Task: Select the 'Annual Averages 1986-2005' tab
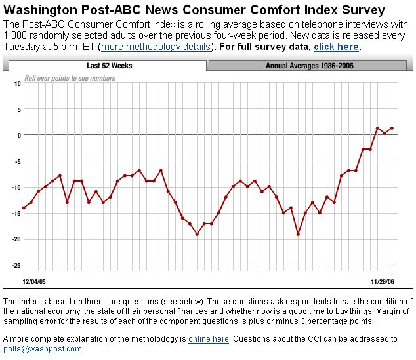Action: (x=309, y=66)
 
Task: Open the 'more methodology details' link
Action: (x=157, y=47)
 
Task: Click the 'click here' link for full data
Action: (x=336, y=47)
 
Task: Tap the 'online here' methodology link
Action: (x=209, y=339)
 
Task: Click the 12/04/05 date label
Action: (x=34, y=281)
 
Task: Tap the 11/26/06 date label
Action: (x=382, y=281)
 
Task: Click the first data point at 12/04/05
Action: (x=24, y=208)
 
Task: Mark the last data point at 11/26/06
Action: (x=392, y=128)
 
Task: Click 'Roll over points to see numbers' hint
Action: (x=70, y=79)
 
